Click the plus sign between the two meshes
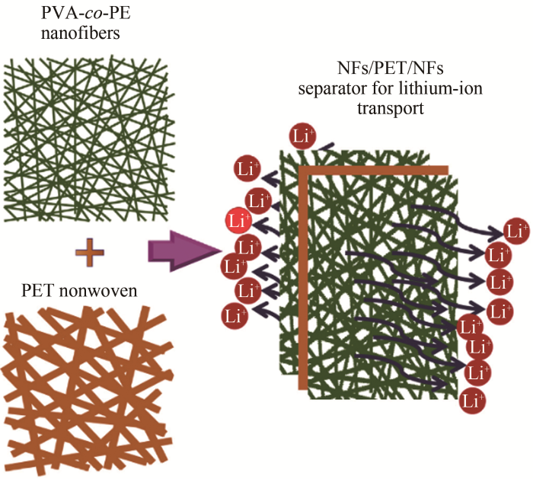click(x=89, y=250)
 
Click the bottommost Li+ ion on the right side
click(x=474, y=398)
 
